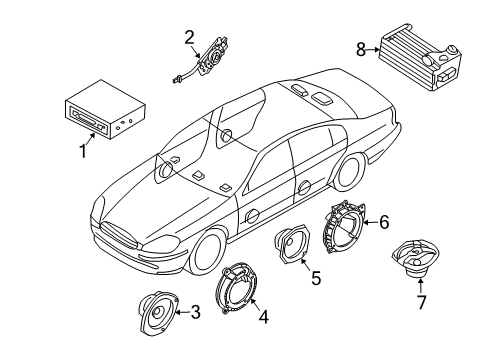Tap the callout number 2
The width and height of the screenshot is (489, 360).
(188, 38)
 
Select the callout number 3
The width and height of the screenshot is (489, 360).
(196, 313)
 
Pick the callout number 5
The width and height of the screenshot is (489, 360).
(316, 280)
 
